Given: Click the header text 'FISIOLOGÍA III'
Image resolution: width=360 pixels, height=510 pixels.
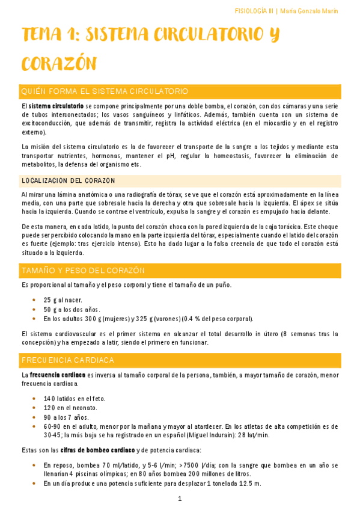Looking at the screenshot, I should tap(254, 11).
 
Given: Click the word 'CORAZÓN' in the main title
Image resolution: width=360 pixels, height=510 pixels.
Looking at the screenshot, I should tap(59, 64).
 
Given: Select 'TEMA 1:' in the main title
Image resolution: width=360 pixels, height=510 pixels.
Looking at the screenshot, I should tap(47, 36).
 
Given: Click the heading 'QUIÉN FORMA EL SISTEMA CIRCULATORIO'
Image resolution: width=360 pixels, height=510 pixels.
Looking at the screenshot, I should tap(105, 91).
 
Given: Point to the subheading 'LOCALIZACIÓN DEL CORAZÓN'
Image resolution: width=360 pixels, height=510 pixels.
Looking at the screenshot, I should tap(68, 181).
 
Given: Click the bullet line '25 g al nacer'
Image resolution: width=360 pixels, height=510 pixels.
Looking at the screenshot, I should tap(63, 300).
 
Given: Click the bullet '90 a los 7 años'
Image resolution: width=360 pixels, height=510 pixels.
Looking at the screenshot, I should tap(66, 417).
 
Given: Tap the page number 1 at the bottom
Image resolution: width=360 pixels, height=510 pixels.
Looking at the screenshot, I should tap(180, 499).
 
